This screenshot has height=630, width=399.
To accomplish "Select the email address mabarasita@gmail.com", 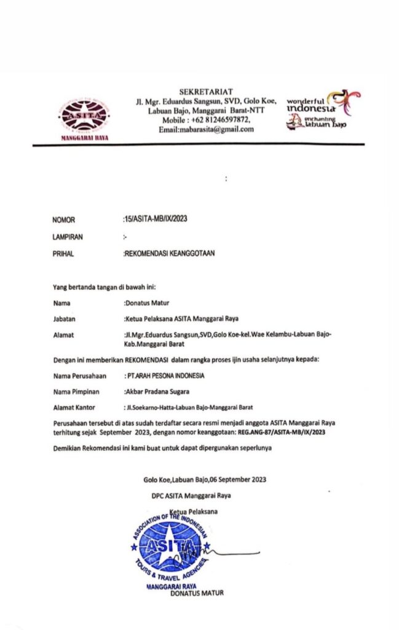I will tap(206, 130).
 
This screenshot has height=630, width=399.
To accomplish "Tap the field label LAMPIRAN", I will tap(68, 236).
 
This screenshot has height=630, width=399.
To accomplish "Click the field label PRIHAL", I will tap(64, 252).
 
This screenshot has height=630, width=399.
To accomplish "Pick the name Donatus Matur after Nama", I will tap(148, 303).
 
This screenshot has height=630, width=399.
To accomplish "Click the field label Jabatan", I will tap(66, 319).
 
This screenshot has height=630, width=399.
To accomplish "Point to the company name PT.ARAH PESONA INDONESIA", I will tap(166, 375).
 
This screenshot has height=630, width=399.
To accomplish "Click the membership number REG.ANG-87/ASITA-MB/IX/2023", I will tap(282, 433).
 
